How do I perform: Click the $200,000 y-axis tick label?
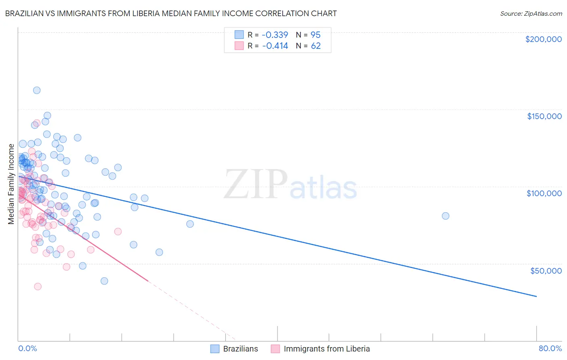pos(543,39)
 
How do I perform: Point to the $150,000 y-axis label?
pos(544,116)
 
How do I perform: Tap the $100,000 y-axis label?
pos(544,193)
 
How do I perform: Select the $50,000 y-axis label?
pos(546,270)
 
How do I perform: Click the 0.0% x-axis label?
pos(27,349)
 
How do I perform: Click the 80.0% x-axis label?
pos(550,349)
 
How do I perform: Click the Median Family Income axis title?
pos(11,184)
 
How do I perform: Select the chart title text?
pos(171,13)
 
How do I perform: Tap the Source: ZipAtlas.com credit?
pos(531,13)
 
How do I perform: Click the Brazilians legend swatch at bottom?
pos(215,349)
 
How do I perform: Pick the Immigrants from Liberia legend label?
pos(327,349)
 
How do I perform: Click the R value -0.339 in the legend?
pos(275,35)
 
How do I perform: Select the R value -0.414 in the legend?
pos(275,46)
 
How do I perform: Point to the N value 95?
pos(315,35)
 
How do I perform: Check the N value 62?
pos(315,46)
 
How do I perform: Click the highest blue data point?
pos(37,90)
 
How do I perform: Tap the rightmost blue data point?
pos(446,216)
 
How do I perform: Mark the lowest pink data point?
pos(38,287)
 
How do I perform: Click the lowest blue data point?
pos(104,281)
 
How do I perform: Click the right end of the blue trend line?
pos(536,297)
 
